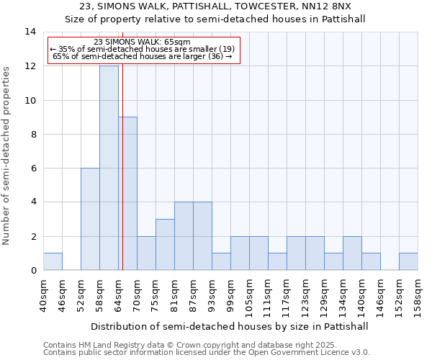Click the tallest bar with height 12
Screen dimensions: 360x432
(109, 168)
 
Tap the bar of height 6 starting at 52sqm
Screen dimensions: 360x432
(90, 219)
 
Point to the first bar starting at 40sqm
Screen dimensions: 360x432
(53, 261)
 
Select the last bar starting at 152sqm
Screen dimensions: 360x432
(408, 261)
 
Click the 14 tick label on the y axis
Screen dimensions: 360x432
(30, 32)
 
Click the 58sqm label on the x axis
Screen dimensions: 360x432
(100, 294)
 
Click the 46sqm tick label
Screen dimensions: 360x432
(63, 294)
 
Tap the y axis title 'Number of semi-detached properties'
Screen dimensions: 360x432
(7, 156)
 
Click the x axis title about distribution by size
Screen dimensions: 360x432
(230, 326)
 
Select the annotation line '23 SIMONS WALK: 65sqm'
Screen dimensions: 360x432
(143, 42)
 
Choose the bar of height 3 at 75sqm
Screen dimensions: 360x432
(165, 244)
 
